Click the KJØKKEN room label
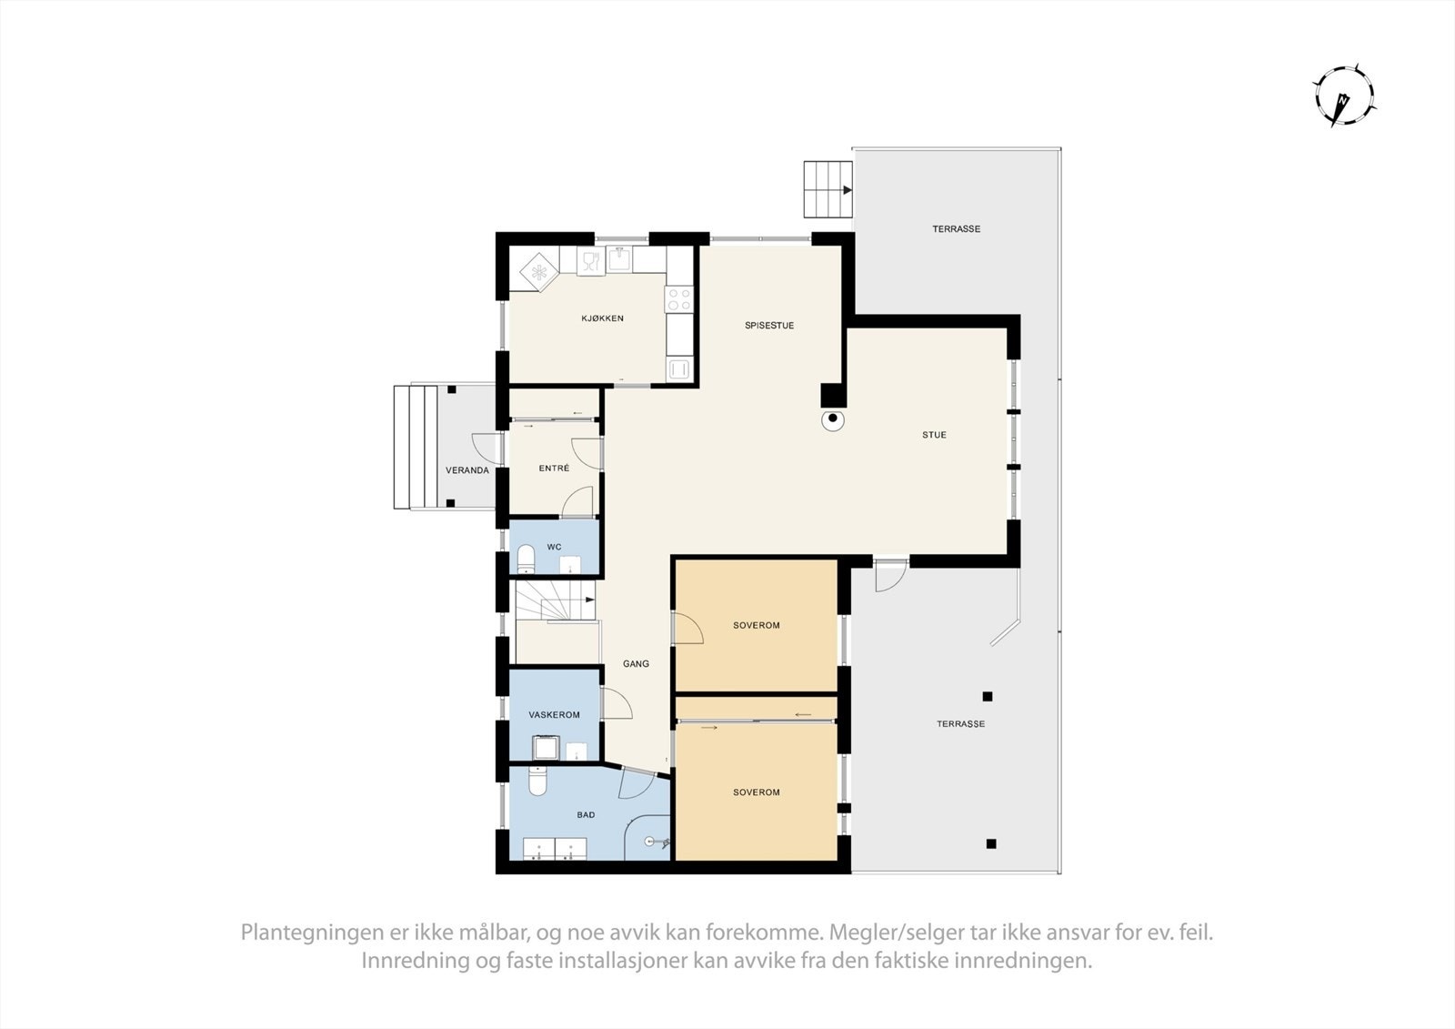coord(602,318)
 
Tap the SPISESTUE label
coord(769,326)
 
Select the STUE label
coord(934,435)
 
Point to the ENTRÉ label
coord(554,468)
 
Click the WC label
coord(554,547)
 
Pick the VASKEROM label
coord(554,715)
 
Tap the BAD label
coord(586,815)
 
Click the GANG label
coord(636,664)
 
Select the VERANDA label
coord(467,470)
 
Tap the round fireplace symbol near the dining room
coord(832,420)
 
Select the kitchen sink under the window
coord(620,259)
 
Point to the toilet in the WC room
coord(526,559)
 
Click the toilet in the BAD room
coord(537,782)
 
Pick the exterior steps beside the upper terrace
coord(827,190)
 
